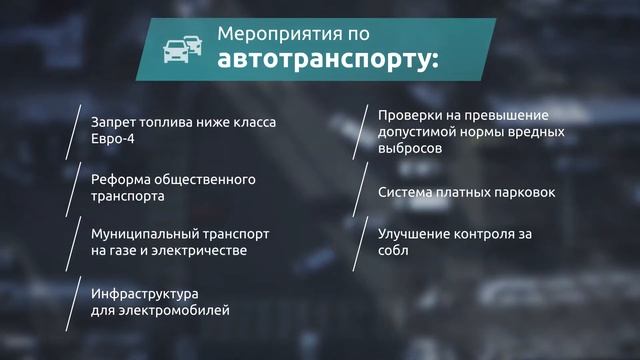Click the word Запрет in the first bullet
pos(113,122)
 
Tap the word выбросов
pos(411,149)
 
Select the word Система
pos(406,191)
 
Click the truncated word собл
pos(393,252)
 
